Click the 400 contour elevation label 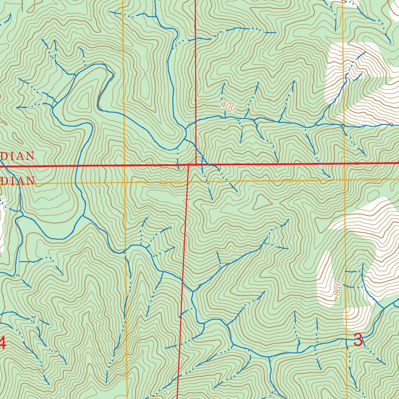tap(228, 106)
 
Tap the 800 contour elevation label tap(337, 288)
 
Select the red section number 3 tap(358, 340)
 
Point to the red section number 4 tap(2, 343)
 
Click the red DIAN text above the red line tap(17, 156)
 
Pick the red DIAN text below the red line tap(18, 181)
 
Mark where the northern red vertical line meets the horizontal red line tap(196, 164)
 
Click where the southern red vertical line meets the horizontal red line tap(188, 165)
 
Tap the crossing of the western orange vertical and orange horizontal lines tap(124, 182)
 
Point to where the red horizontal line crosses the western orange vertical tap(124, 166)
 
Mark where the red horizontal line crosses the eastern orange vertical tap(344, 164)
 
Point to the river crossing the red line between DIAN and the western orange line tap(77, 166)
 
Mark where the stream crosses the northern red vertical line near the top tap(195, 39)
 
